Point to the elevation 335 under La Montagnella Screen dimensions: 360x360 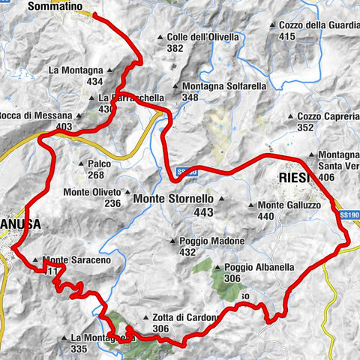click(82, 349)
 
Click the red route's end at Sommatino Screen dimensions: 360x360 click(95, 13)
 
